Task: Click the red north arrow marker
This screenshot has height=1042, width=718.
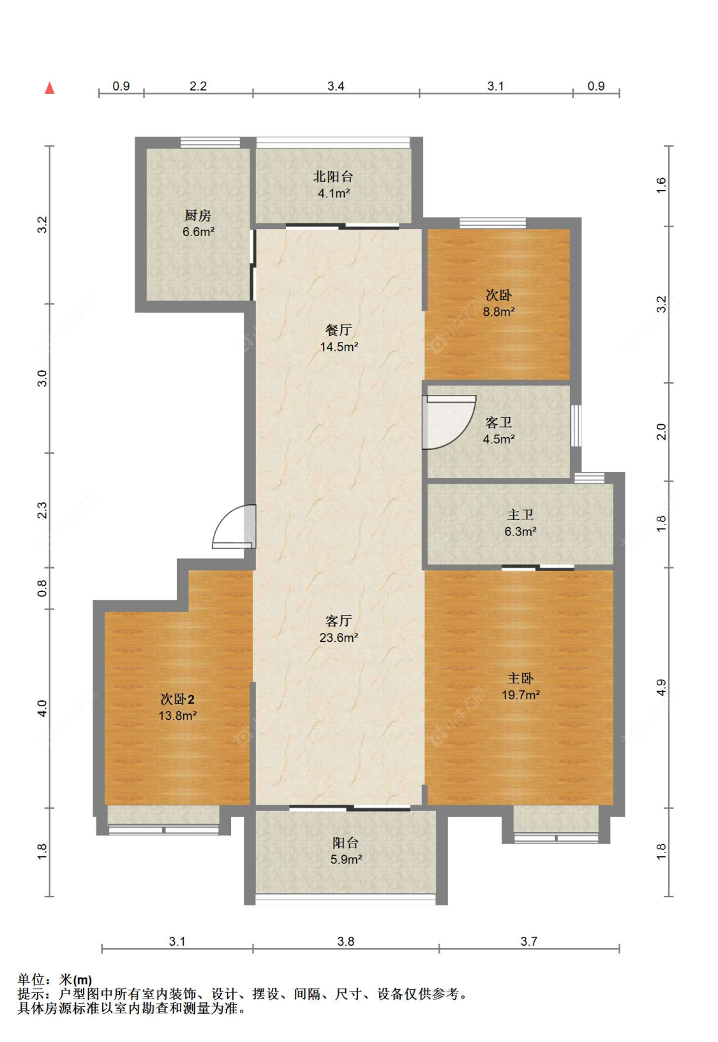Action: point(49,87)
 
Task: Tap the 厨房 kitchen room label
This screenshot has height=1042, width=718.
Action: point(198,216)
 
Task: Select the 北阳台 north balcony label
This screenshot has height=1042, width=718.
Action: point(333,176)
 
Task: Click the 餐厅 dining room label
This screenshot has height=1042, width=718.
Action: point(338,330)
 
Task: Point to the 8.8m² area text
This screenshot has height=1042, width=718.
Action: point(498,311)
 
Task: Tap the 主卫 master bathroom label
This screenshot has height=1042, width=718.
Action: point(520,514)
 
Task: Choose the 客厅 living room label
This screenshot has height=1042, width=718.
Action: point(338,621)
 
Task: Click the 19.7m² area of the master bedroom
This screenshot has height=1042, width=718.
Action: point(521,695)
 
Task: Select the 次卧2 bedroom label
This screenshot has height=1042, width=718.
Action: point(177,699)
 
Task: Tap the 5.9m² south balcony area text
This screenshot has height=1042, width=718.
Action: point(346,859)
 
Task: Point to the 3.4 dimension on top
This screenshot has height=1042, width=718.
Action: point(336,86)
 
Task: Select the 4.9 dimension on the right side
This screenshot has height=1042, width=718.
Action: point(661,687)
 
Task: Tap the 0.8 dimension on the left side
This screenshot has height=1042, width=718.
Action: point(42,588)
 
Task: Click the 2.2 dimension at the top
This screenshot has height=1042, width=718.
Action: point(198,86)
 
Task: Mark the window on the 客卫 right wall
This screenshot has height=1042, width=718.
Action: point(576,426)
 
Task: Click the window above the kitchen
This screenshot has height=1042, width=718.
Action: point(211,143)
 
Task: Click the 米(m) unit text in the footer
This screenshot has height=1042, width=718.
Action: point(75,979)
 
